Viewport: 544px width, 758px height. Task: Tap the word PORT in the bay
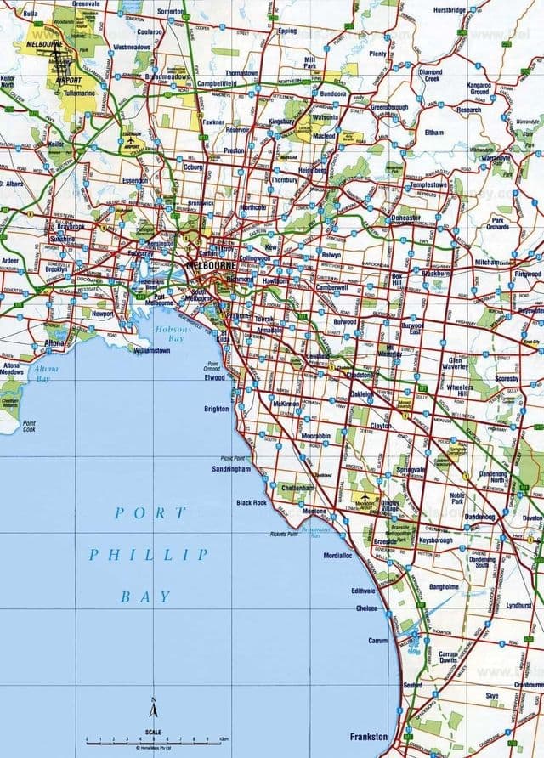(x=150, y=512)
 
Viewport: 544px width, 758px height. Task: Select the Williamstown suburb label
(x=152, y=349)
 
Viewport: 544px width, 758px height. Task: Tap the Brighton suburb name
(x=217, y=409)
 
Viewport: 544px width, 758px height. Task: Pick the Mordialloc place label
(x=337, y=556)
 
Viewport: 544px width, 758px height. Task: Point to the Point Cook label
(x=30, y=427)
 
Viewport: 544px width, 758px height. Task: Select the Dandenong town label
(x=479, y=516)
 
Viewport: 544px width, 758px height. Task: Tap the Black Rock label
(x=252, y=502)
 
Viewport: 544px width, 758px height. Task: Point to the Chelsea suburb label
(x=367, y=608)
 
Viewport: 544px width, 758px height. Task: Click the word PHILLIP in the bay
(x=148, y=554)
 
